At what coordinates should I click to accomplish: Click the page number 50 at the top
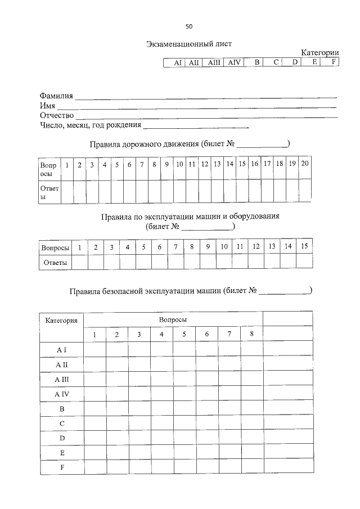(188, 26)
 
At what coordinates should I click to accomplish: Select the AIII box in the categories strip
(214, 63)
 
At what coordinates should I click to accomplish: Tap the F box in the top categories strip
(333, 62)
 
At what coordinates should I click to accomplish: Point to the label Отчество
(57, 115)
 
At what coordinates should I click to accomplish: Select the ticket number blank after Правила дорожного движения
(262, 145)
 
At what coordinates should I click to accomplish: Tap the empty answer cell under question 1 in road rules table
(67, 191)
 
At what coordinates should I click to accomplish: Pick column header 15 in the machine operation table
(305, 246)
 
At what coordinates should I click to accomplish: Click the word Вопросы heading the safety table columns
(173, 319)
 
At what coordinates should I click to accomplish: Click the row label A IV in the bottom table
(61, 394)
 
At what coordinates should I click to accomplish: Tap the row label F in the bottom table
(61, 467)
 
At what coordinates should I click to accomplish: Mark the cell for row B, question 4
(161, 408)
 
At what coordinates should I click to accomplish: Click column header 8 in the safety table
(252, 334)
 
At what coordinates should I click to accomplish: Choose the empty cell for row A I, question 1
(94, 349)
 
